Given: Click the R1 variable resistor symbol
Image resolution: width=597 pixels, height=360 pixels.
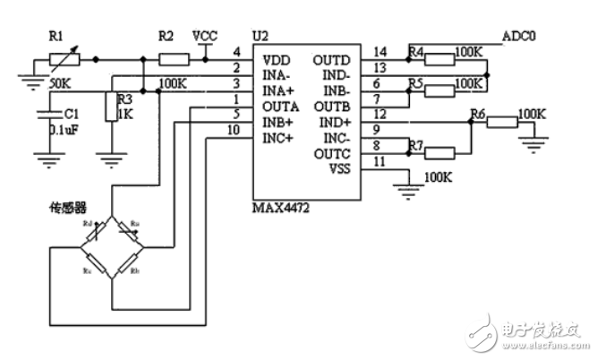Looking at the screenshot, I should (64, 60).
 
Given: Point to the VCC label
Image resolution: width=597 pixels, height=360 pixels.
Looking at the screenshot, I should (205, 35).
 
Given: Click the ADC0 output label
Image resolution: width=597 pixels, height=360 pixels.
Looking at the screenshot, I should (521, 36).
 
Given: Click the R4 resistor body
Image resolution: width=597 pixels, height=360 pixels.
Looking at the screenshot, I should (439, 60).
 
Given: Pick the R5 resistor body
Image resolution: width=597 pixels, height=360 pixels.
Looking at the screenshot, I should (439, 90).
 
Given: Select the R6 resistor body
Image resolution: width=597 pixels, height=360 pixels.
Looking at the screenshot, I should (501, 120).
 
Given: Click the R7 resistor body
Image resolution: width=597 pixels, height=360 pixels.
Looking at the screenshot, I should (454, 151).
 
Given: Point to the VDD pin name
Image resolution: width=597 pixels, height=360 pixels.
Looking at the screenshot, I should (275, 59).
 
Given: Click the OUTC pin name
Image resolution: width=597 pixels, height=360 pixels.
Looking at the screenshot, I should (331, 153).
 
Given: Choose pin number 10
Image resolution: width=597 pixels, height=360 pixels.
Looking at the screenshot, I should (233, 129).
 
